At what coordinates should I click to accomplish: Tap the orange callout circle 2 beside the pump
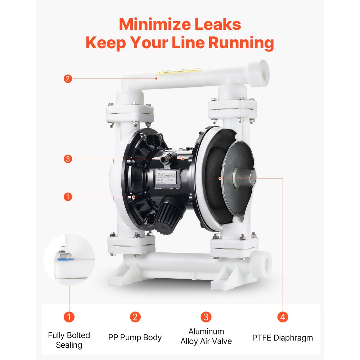tap(68, 78)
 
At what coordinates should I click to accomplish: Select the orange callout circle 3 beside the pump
tap(68, 158)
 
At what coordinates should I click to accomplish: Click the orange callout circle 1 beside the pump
tap(68, 197)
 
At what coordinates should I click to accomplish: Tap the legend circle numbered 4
tap(283, 317)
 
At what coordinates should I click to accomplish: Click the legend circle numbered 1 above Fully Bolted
tap(69, 317)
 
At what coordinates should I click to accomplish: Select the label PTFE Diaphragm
tap(283, 338)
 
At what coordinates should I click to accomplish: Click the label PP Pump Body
tap(135, 338)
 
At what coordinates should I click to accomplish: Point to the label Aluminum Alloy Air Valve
tap(206, 336)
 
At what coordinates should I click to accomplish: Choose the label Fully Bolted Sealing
tap(69, 340)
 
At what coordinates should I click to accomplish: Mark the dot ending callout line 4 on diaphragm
tap(220, 177)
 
